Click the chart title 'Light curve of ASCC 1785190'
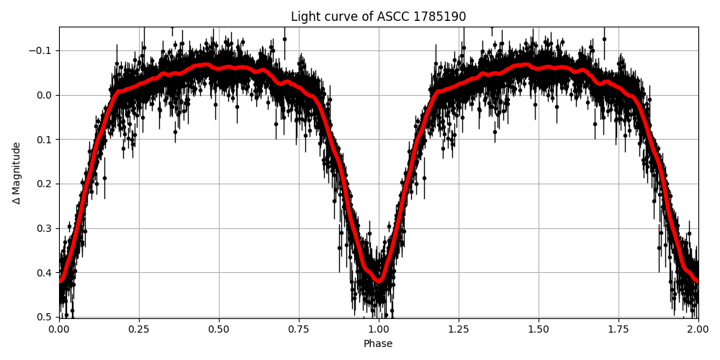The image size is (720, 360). pyautogui.click(x=378, y=17)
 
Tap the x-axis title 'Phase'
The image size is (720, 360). pyautogui.click(x=378, y=344)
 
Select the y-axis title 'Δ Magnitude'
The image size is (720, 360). pyautogui.click(x=17, y=173)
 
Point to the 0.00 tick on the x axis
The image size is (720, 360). pyautogui.click(x=59, y=329)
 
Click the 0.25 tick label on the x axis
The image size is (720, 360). pyautogui.click(x=139, y=329)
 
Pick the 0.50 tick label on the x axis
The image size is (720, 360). pyautogui.click(x=219, y=329)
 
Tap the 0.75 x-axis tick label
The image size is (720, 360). pyautogui.click(x=299, y=329)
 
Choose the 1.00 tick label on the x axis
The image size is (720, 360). pyautogui.click(x=379, y=329)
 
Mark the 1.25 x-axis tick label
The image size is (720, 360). pyautogui.click(x=459, y=329)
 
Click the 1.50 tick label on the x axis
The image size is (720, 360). pyautogui.click(x=539, y=329)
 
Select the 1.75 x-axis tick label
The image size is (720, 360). pyautogui.click(x=618, y=329)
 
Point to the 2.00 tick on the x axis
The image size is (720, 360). pyautogui.click(x=698, y=329)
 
